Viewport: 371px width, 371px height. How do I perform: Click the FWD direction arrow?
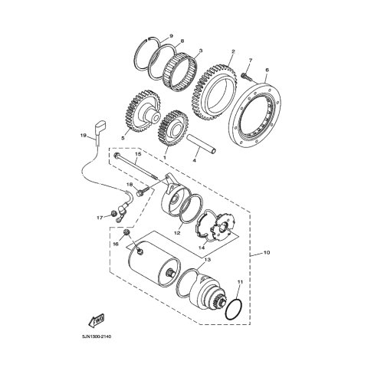[x=97, y=320]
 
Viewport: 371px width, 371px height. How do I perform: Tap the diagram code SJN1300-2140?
[x=97, y=337]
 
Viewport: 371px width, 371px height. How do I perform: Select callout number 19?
[x=84, y=136]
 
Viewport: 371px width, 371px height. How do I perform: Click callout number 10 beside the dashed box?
[x=267, y=253]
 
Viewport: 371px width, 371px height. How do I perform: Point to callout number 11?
[x=239, y=282]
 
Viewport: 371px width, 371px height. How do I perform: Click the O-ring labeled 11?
[x=235, y=309]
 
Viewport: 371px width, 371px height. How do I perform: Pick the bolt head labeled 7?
[x=245, y=75]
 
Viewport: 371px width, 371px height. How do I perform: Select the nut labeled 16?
[x=126, y=232]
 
